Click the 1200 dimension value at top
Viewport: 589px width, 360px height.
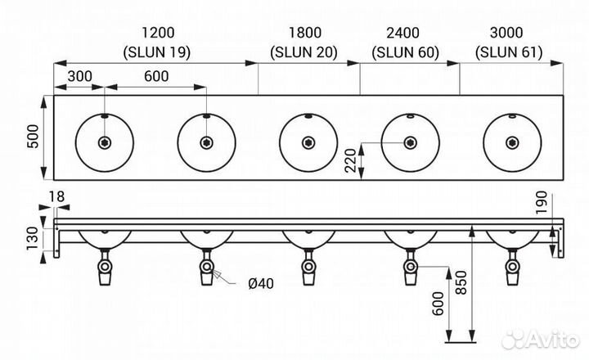tap(158, 33)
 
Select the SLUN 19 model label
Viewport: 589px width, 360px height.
tap(157, 52)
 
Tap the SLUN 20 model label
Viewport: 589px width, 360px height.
tap(303, 52)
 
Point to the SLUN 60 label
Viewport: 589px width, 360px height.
tap(405, 52)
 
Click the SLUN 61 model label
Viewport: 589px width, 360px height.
tap(509, 52)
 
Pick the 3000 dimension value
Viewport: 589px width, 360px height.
tap(506, 33)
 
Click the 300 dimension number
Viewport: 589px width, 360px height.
tap(79, 76)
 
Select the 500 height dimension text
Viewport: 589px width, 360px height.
tap(34, 137)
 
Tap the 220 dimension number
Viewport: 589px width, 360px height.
tap(350, 160)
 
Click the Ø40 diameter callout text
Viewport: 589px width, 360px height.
tap(261, 283)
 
